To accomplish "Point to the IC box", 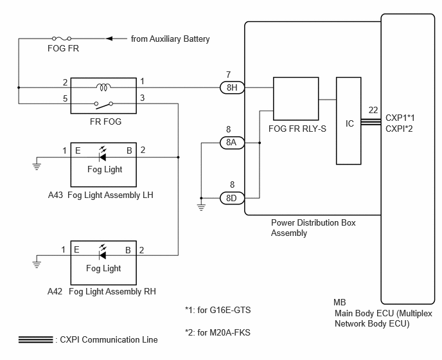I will (349, 122).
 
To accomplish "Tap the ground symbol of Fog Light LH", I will (37, 166).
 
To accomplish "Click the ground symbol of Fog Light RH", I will (37, 264).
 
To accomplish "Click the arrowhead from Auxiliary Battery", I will (110, 39).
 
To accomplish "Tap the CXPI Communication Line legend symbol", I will (36, 339).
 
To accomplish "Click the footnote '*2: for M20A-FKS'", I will (217, 333).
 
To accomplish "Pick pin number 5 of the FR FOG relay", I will (65, 98).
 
